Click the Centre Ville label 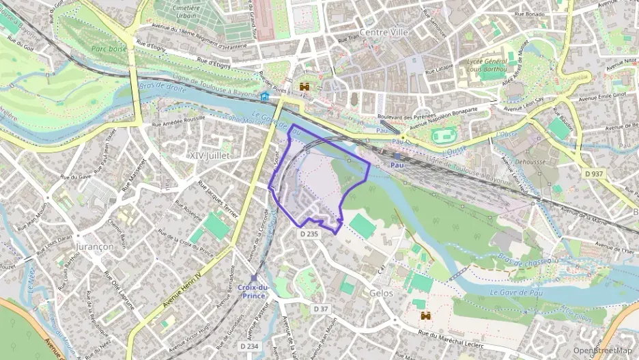pyautogui.click(x=382, y=32)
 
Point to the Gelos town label pyautogui.click(x=380, y=292)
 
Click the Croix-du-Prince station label pyautogui.click(x=254, y=292)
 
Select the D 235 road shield pyautogui.click(x=309, y=234)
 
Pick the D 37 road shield pyautogui.click(x=322, y=309)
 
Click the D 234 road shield pyautogui.click(x=250, y=346)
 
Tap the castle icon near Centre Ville pyautogui.click(x=304, y=87)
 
